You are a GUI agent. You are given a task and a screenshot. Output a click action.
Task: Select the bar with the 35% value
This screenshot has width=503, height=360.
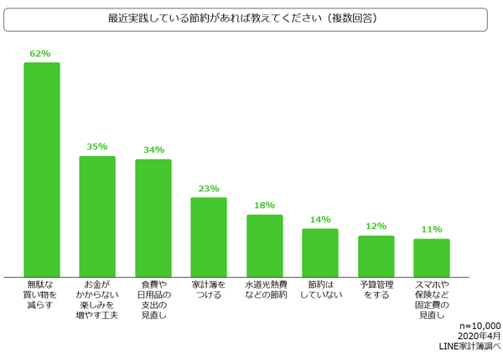97,217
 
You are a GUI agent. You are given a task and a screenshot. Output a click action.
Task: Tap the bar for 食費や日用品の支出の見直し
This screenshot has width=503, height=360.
153,218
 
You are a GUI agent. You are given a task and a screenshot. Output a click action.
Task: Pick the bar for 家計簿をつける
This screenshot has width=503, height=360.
209,237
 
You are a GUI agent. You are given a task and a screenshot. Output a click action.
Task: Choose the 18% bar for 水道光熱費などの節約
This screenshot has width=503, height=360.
264,245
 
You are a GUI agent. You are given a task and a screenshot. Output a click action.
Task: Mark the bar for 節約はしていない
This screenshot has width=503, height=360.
320,253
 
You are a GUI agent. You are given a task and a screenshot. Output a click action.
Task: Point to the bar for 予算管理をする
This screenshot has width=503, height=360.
376,256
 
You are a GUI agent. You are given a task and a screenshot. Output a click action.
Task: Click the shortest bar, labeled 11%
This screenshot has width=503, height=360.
432,258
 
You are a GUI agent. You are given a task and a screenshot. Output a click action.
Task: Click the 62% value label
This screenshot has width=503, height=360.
40,54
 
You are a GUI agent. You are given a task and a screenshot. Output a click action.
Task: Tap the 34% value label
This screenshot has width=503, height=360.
153,150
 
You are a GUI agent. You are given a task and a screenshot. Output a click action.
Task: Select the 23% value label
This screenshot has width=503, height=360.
209,189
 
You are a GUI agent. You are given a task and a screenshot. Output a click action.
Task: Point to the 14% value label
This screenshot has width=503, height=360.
320,220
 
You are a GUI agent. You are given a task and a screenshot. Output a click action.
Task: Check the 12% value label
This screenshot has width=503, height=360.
376,227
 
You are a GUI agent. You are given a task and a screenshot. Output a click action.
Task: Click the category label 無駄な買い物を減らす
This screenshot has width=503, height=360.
40,295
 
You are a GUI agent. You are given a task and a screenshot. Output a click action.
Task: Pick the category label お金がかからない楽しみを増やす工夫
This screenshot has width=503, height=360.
97,300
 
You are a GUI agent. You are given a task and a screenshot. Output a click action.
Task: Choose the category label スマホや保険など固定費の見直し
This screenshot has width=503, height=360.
432,300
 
